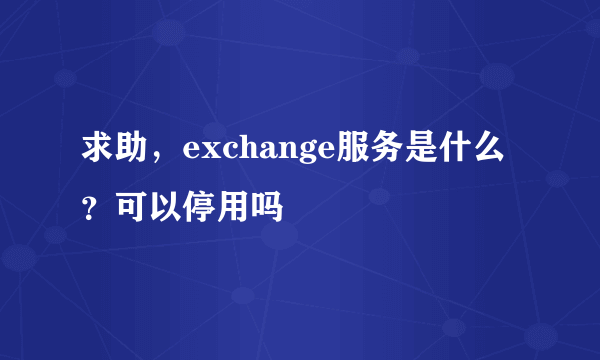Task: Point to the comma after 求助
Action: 155,162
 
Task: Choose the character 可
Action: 131,209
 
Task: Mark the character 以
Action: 163,209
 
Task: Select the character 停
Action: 195,209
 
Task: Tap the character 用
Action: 227,209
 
